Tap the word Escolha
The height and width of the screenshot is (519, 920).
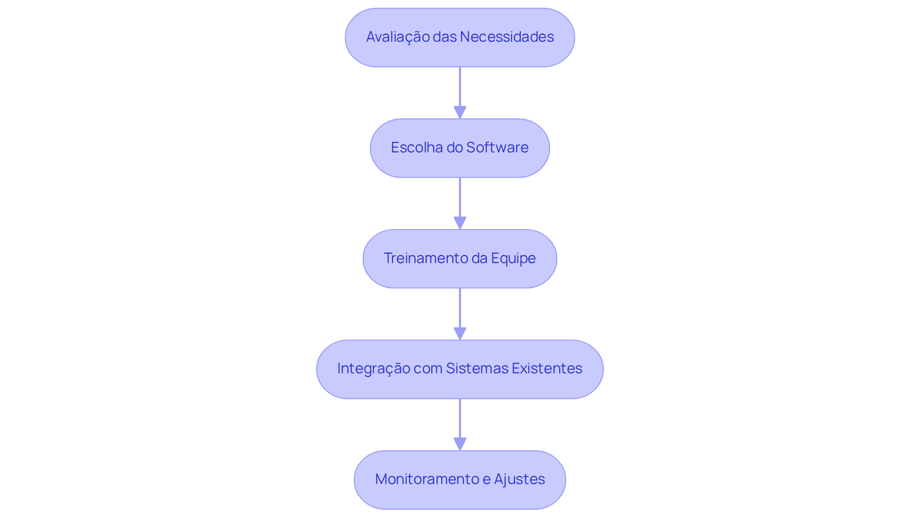point(416,148)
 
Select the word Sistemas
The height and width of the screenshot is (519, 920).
point(477,369)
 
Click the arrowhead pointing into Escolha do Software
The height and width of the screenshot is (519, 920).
point(460,113)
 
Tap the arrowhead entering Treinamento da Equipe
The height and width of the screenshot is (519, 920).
point(460,223)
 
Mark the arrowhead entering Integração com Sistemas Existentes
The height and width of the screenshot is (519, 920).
point(460,334)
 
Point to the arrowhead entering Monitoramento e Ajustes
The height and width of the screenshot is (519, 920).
point(460,444)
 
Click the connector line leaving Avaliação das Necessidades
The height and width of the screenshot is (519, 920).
point(460,86)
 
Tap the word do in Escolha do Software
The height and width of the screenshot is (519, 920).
point(454,148)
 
